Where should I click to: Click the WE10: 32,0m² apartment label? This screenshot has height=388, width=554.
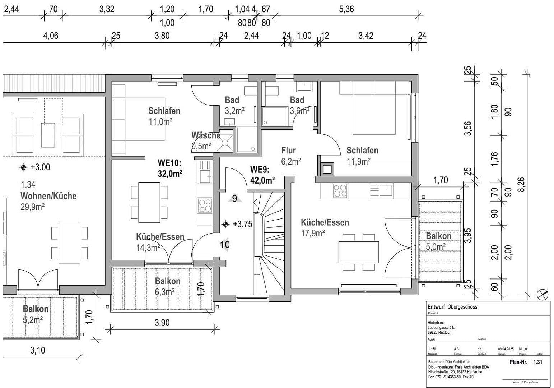[x=169, y=168]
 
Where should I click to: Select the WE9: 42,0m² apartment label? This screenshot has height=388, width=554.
[x=262, y=175]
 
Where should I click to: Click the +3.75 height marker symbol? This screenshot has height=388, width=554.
[x=225, y=224]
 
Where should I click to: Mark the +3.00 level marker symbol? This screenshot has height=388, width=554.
[x=23, y=167]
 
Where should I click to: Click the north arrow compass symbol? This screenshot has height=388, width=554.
[x=542, y=295]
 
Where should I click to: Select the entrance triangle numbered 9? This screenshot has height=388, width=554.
[x=234, y=198]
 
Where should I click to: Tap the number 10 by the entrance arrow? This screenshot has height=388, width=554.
[x=225, y=245]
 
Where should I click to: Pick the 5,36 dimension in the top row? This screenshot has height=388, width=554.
[x=346, y=9]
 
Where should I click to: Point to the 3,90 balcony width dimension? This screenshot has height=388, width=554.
[x=162, y=323]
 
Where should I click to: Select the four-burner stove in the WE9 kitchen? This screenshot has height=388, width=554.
[x=340, y=191]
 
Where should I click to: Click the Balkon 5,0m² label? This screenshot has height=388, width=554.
[x=438, y=241]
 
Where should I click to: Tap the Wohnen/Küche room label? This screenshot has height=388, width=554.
[x=48, y=196]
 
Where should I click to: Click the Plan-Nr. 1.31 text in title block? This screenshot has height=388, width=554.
[x=526, y=362]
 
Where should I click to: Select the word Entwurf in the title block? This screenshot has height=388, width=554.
[x=436, y=307]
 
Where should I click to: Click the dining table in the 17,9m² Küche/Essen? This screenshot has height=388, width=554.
[x=359, y=252]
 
